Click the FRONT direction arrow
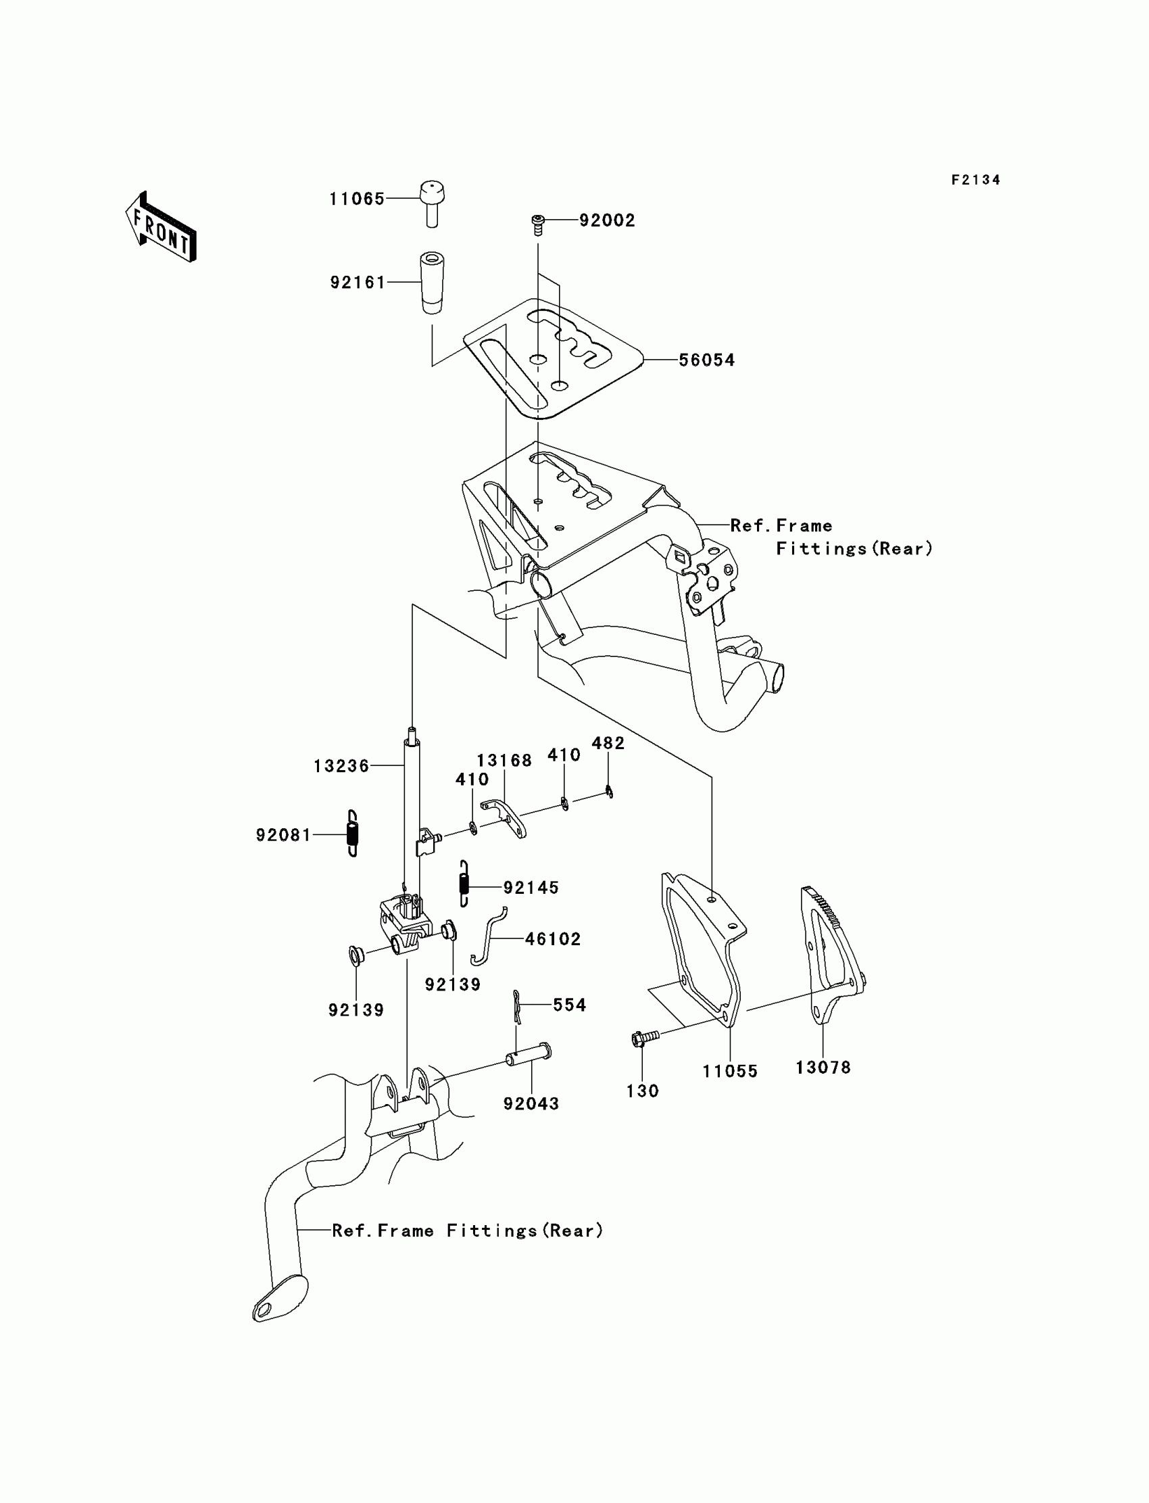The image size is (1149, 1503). [162, 228]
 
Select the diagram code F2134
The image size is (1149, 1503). [975, 180]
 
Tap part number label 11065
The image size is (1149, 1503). [357, 199]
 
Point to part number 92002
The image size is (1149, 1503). [608, 220]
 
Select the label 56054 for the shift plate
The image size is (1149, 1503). [706, 360]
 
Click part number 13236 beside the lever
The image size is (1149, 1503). [341, 766]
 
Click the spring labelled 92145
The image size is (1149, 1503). [464, 883]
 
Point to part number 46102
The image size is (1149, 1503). [553, 939]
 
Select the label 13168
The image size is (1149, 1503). [504, 761]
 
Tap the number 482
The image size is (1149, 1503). [608, 743]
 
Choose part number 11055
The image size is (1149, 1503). [730, 1072]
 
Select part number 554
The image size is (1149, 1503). [569, 1005]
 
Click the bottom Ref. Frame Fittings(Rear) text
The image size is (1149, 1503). [468, 1231]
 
